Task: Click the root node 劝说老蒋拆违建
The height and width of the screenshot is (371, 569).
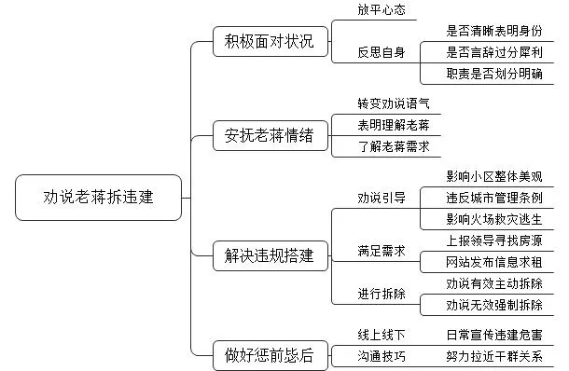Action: coord(99,198)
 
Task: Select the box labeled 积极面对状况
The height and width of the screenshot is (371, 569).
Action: coord(263,42)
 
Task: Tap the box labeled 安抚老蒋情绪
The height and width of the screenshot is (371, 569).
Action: coord(263,136)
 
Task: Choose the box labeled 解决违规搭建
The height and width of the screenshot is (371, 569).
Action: coord(263,254)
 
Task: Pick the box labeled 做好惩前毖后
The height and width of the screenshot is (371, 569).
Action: coord(263,353)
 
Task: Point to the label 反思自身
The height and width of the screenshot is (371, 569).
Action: coord(382,52)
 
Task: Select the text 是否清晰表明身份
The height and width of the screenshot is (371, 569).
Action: coord(493,31)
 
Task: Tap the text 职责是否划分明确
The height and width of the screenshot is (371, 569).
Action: coord(493,75)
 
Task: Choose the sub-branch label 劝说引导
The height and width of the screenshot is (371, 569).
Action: coord(382,198)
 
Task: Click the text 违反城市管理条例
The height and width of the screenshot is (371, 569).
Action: coord(493,198)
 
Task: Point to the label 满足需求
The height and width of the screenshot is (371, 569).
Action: coord(382,251)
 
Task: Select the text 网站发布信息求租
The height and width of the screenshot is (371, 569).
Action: coord(493,262)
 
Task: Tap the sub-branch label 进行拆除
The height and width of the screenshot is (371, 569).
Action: coord(382,294)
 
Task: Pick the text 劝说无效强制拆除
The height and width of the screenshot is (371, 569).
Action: coord(493,304)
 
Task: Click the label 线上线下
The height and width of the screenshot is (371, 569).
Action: coord(382,334)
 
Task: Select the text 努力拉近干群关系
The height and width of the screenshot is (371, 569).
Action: coord(493,356)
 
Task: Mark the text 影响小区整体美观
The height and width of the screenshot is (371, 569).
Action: coord(493,176)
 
